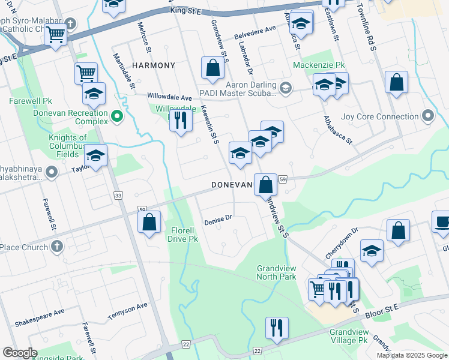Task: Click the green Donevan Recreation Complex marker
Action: [116, 116]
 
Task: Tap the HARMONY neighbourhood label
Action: [153, 65]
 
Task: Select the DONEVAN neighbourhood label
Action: [231, 186]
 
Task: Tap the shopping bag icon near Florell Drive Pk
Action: [149, 222]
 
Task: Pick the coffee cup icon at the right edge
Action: [442, 221]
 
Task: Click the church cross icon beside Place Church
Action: [56, 247]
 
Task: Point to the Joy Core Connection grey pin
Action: [427, 116]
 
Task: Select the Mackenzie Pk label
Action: [319, 65]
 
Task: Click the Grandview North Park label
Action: [276, 272]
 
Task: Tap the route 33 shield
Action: [118, 195]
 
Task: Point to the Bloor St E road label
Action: [383, 308]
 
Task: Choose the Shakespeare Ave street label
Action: [43, 313]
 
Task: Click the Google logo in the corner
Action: [20, 353]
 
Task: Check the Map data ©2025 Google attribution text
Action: [411, 355]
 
